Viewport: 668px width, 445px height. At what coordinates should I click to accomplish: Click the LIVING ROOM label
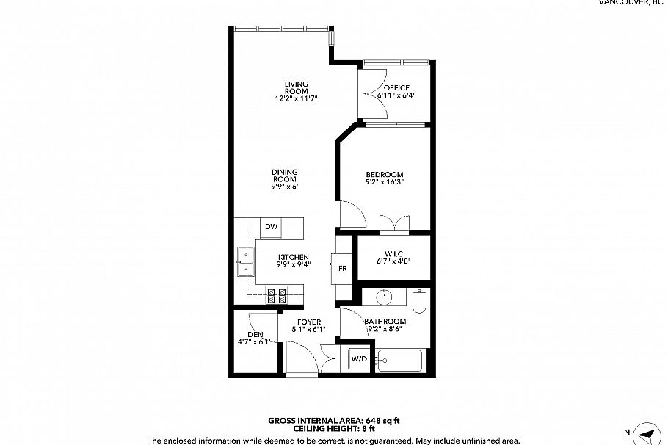tap(296, 87)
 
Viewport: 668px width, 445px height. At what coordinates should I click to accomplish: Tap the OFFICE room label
tap(396, 87)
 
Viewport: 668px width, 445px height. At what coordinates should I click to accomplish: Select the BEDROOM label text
tap(385, 174)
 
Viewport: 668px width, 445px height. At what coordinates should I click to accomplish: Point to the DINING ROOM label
tap(285, 176)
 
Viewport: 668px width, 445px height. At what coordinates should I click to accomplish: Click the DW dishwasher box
tap(272, 227)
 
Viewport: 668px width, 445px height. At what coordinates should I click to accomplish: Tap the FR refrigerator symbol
tap(342, 268)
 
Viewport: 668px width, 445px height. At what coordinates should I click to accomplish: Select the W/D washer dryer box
tap(359, 359)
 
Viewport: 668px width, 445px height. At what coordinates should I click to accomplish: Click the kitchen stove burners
tap(277, 295)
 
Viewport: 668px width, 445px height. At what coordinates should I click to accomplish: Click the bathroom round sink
tap(385, 297)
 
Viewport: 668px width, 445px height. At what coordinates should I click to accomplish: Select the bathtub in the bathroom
tap(399, 361)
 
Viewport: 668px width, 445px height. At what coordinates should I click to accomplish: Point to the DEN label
tap(255, 335)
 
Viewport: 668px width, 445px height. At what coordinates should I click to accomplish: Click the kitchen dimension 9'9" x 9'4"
tap(294, 264)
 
